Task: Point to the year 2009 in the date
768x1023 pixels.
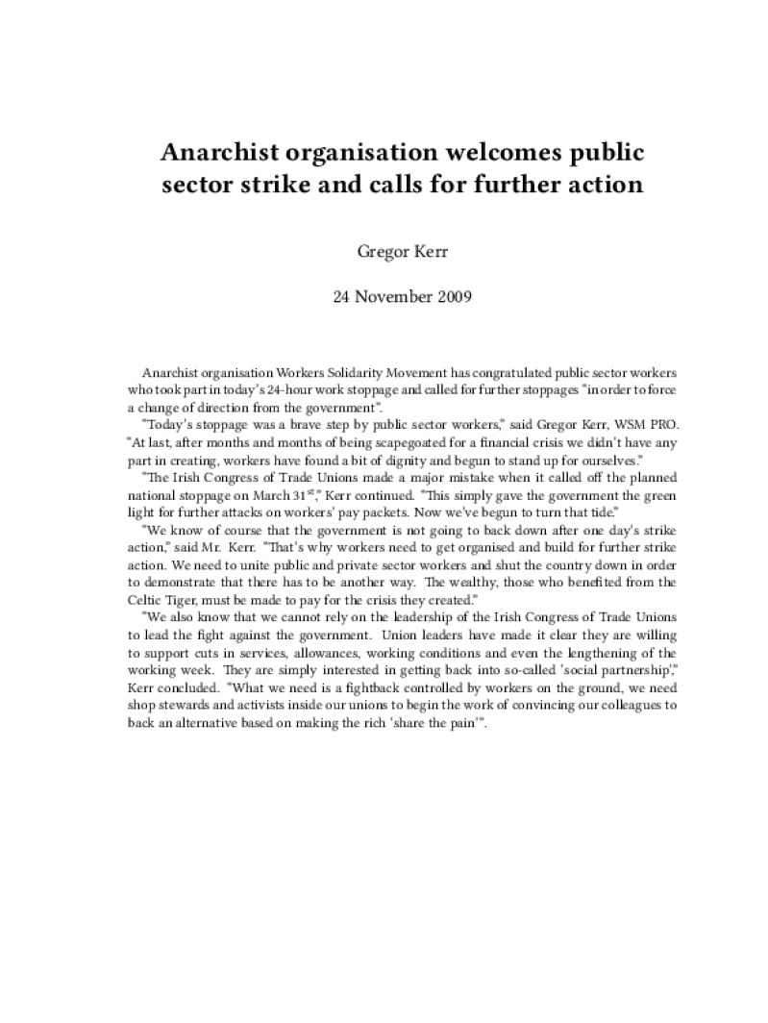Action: click(x=452, y=296)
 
